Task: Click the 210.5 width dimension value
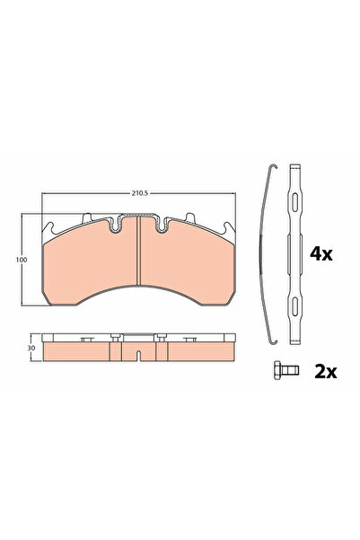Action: click(x=136, y=191)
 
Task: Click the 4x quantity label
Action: click(x=320, y=254)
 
